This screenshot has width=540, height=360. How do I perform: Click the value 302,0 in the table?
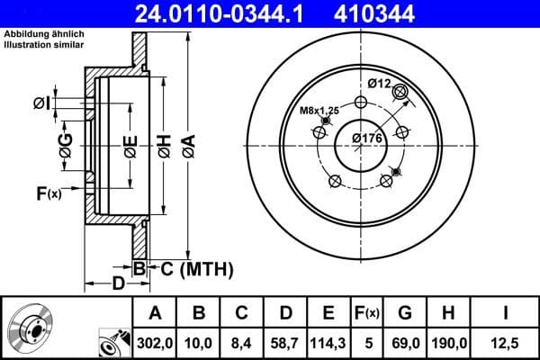(154, 342)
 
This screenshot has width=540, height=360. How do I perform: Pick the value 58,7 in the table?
(285, 342)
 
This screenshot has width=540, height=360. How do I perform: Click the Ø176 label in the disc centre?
(367, 138)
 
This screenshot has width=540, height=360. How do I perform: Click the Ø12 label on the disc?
(379, 83)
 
